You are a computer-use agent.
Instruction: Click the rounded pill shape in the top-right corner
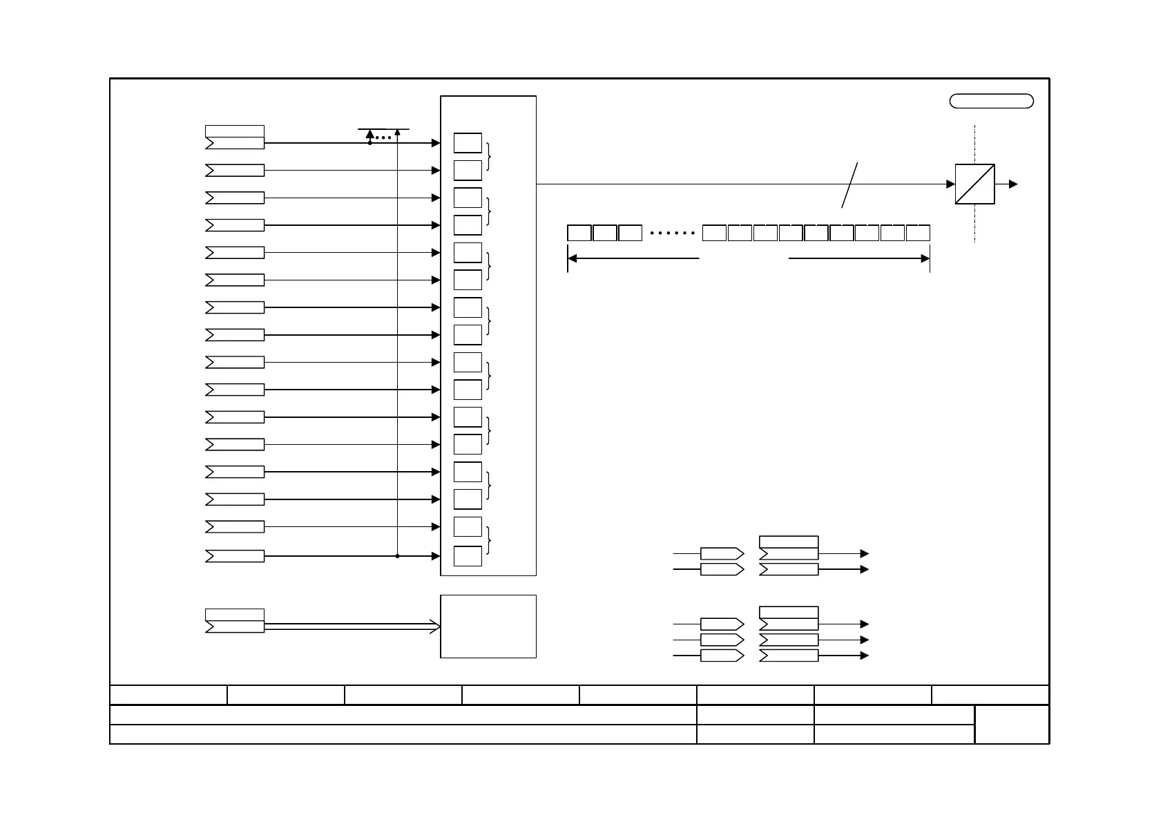[x=991, y=101]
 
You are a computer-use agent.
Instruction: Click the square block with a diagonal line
[x=974, y=184]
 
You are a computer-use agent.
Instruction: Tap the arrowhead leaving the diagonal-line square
[x=1013, y=184]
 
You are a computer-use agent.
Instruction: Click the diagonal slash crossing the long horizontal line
[x=849, y=184]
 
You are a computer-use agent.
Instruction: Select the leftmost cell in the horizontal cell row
[x=579, y=233]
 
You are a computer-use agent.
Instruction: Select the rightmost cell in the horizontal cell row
[x=918, y=233]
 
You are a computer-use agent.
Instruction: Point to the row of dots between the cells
[x=673, y=233]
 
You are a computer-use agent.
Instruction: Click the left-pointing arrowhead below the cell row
[x=573, y=258]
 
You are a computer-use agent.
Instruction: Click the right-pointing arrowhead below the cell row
[x=925, y=258]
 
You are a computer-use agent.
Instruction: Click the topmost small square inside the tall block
[x=468, y=143]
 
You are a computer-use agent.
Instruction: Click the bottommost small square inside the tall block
[x=468, y=556]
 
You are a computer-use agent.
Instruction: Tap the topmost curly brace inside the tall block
[x=490, y=156]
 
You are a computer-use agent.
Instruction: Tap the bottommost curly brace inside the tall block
[x=490, y=540]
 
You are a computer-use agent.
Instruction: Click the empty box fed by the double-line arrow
[x=488, y=627]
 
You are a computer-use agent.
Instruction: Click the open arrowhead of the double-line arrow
[x=436, y=627]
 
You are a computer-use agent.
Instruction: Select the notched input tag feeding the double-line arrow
[x=235, y=627]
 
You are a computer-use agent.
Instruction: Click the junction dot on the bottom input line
[x=398, y=556]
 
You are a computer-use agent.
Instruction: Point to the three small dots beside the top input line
[x=383, y=138]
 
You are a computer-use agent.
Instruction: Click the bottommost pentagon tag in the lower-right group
[x=722, y=656]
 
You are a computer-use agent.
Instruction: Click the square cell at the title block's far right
[x=1012, y=724]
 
